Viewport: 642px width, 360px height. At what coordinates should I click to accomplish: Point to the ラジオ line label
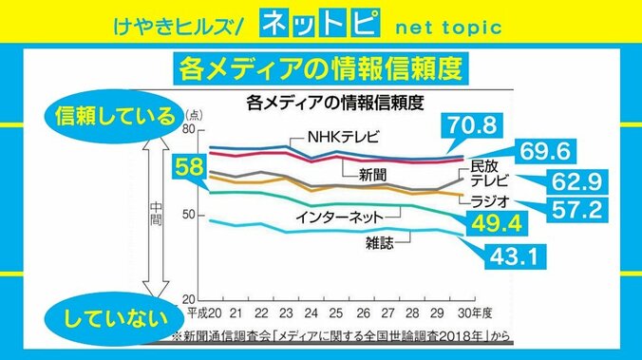[x=491, y=201]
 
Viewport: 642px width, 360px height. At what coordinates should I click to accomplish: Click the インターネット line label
[x=339, y=218]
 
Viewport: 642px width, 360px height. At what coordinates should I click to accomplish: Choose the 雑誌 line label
[x=380, y=243]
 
